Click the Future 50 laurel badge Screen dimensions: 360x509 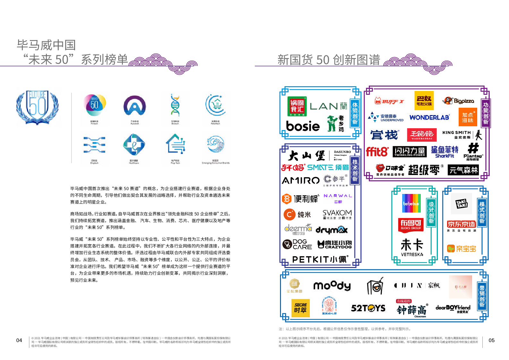(38, 107)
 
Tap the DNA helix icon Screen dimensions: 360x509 (175, 105)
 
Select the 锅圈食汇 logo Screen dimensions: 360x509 (297, 106)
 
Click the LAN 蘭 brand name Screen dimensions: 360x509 (328, 106)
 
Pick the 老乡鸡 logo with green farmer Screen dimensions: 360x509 (335, 124)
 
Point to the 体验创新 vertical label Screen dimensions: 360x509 (355, 113)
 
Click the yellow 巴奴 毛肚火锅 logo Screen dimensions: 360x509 (424, 100)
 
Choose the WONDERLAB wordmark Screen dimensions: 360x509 (429, 118)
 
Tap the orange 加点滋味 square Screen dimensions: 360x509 (468, 117)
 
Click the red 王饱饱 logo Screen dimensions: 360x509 (422, 135)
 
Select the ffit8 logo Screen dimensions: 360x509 (377, 152)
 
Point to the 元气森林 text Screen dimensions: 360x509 (463, 170)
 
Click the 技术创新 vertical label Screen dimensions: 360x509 (355, 170)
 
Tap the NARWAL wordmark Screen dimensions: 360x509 (338, 196)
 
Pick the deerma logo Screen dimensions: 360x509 (298, 229)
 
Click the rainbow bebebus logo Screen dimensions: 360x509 (411, 203)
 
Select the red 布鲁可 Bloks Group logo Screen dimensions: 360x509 (411, 225)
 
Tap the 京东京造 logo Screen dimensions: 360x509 (461, 224)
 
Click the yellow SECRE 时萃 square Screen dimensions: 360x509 (300, 308)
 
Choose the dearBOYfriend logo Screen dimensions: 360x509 (453, 308)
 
